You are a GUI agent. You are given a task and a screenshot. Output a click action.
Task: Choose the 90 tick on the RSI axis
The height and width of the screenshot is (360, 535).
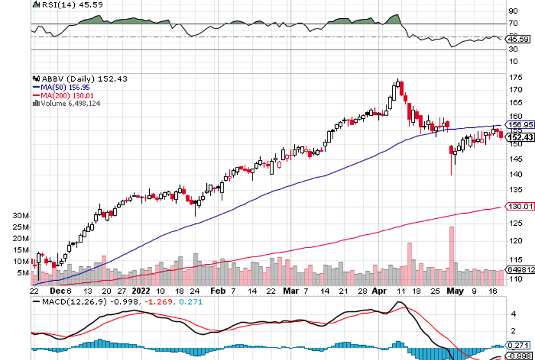click(513, 11)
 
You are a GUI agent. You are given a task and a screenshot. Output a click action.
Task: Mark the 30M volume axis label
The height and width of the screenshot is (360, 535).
click(21, 216)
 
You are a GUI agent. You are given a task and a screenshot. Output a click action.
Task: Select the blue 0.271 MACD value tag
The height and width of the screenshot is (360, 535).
click(519, 346)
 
